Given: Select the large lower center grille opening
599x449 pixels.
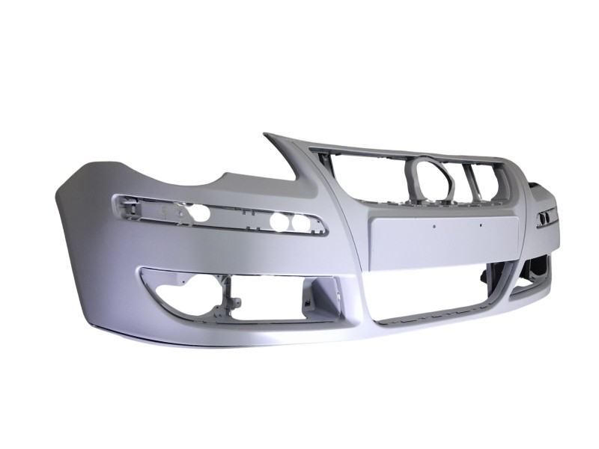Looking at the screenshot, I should pyautogui.click(x=442, y=291).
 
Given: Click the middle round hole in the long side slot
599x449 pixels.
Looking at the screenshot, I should pyautogui.click(x=280, y=221).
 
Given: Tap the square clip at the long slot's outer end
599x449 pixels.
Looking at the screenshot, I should pyautogui.click(x=123, y=201).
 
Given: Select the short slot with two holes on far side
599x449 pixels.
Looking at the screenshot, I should pyautogui.click(x=545, y=217).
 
